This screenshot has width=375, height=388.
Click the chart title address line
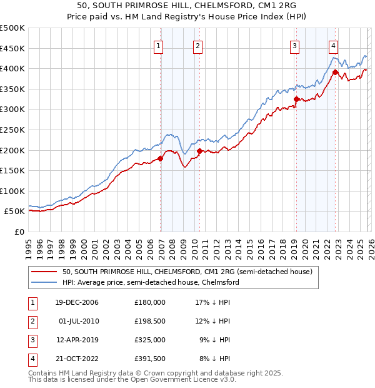coord(187,6)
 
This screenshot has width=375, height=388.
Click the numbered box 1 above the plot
coord(158,45)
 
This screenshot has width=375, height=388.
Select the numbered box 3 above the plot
coord(294,45)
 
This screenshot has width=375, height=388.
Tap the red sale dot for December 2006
coord(161,158)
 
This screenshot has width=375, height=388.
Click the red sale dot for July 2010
coord(199,151)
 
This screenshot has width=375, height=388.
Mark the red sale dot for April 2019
coord(296,99)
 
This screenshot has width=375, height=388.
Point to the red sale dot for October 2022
coord(335,72)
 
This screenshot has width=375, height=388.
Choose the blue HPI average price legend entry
coord(151,282)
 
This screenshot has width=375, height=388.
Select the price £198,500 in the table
coord(149,321)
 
